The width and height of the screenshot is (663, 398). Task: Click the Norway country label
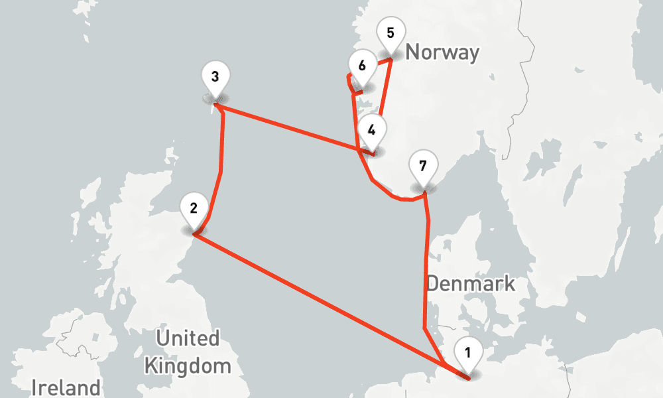[x=442, y=52]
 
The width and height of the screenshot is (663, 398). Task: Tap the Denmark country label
[x=470, y=284]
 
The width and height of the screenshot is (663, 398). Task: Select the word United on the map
[x=187, y=338]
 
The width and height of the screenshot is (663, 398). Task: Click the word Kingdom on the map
[x=188, y=365]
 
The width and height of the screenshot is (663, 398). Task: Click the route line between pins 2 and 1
[x=318, y=299]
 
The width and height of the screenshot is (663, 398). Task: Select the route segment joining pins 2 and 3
[x=220, y=166]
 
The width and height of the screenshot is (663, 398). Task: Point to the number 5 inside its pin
[x=389, y=32]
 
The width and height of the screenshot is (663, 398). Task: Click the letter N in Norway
[x=412, y=52]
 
